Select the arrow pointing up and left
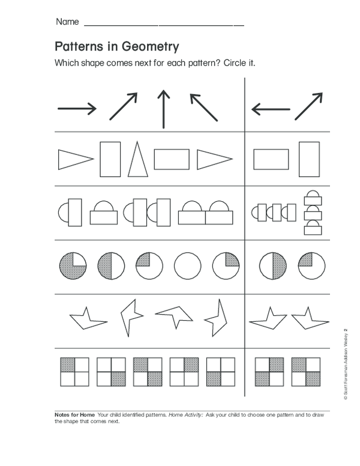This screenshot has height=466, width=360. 203,107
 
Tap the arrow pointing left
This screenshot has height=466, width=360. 271,109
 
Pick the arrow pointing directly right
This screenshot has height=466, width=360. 77,109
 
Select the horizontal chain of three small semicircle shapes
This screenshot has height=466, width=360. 274,212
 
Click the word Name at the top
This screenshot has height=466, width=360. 67,22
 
